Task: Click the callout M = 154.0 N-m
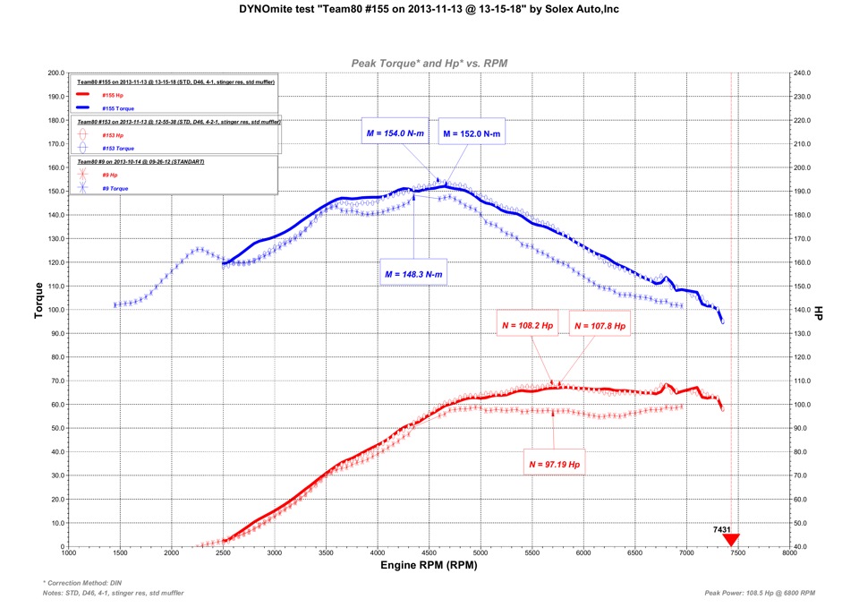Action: pos(395,133)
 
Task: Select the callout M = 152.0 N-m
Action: pos(472,133)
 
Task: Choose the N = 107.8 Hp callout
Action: pos(600,326)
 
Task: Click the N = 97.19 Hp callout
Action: pos(555,465)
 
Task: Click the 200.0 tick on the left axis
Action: pos(55,73)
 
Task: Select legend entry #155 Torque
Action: pos(117,108)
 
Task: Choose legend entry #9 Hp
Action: pos(109,175)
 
